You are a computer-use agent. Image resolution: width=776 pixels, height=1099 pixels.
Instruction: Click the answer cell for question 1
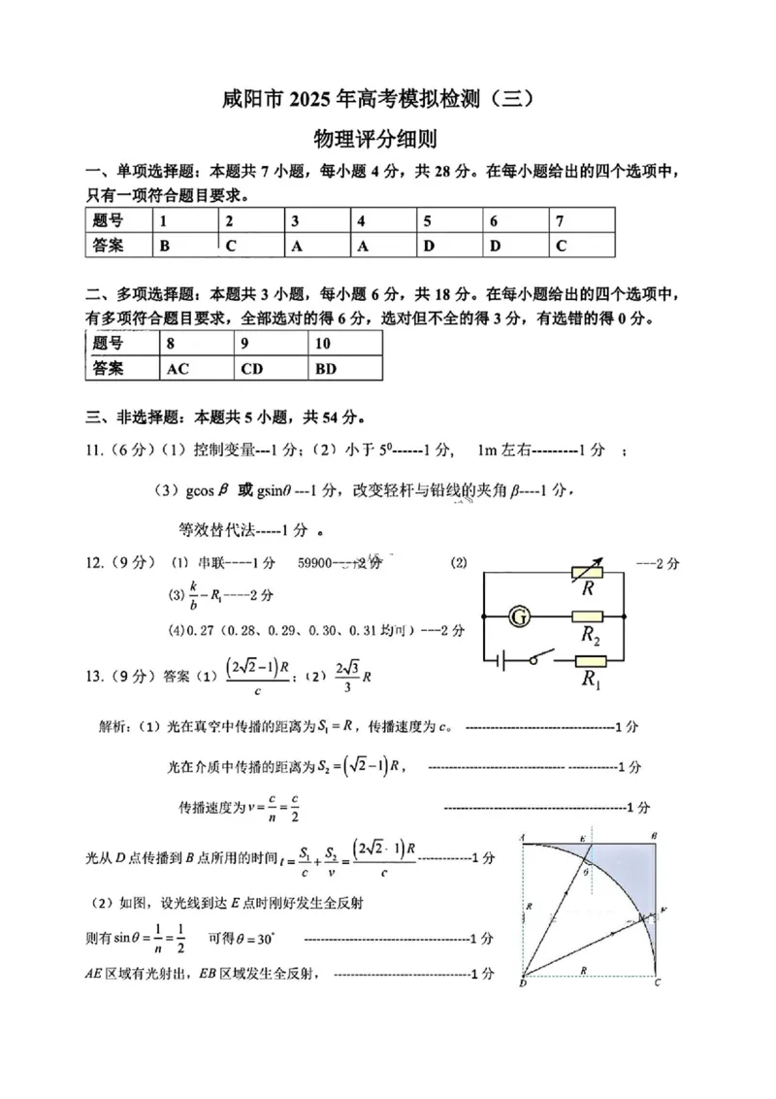185,246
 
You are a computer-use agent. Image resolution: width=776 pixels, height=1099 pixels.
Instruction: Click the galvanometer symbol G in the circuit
520,616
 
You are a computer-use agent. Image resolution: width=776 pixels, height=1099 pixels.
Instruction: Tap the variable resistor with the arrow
587,572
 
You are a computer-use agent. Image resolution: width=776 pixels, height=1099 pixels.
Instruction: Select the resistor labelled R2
588,616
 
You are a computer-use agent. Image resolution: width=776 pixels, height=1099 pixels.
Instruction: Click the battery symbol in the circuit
501,662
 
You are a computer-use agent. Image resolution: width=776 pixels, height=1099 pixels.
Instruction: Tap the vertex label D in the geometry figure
523,984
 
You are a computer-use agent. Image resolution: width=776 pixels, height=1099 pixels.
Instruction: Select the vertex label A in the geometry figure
523,835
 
